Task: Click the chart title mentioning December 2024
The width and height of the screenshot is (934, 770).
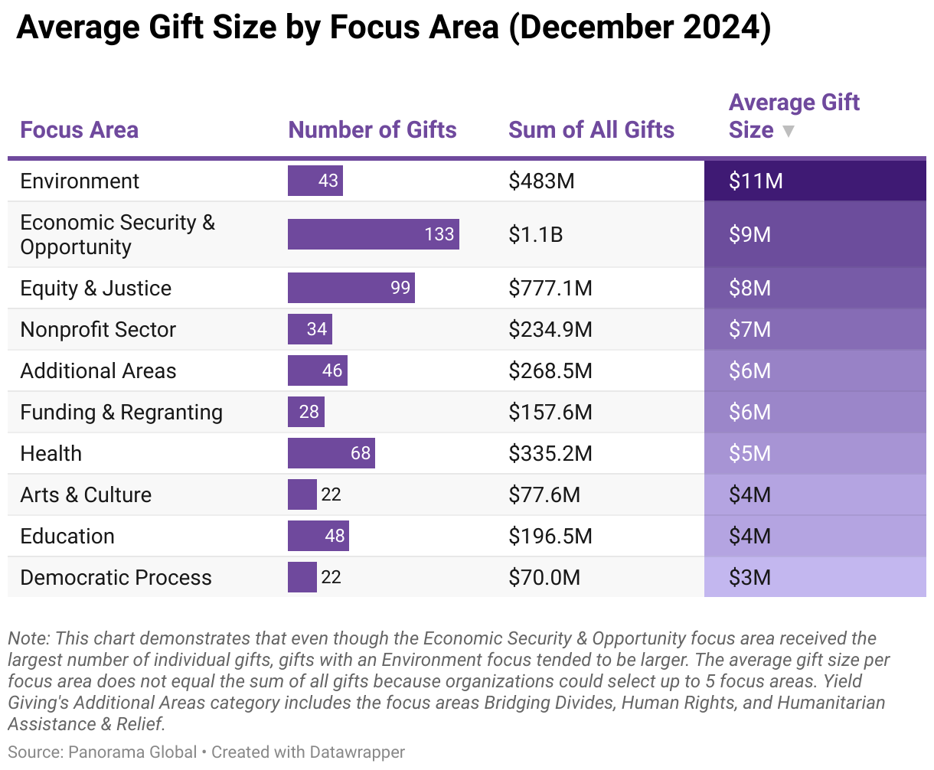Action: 393,28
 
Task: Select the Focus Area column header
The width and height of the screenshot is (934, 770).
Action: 79,130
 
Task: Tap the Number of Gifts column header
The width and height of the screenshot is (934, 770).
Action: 372,130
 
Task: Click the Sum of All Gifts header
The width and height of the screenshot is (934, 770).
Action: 591,130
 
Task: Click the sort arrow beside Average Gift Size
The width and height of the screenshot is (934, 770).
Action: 788,132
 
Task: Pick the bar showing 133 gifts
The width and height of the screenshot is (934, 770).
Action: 373,234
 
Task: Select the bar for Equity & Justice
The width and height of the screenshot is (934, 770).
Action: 351,289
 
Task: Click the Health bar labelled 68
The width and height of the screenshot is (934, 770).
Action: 331,454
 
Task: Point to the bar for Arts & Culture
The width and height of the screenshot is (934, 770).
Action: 302,495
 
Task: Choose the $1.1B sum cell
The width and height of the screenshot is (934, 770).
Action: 535,234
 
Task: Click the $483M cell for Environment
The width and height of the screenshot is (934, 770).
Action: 541,181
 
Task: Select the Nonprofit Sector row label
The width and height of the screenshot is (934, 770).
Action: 98,330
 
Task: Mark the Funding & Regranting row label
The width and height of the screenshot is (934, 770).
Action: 121,413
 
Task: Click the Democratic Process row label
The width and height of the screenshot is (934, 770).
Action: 116,578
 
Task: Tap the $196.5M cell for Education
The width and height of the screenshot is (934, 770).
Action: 550,537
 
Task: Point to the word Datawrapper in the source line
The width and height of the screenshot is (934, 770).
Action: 357,752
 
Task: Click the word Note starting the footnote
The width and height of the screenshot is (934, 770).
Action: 28,638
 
